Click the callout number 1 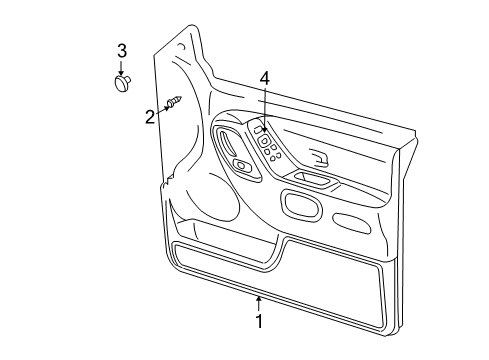[259, 322]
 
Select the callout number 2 [150, 117]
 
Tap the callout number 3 [122, 52]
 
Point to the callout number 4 [265, 78]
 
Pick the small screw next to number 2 [174, 102]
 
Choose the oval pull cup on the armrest [299, 204]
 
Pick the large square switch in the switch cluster [266, 141]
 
